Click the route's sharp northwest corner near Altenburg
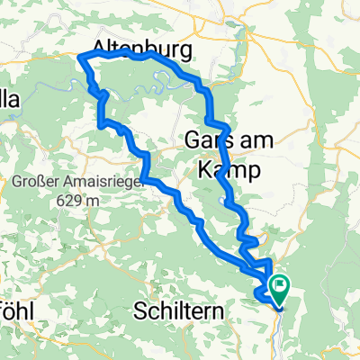pyautogui.click(x=82, y=58)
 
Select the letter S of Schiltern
pyautogui.click(x=139, y=311)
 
